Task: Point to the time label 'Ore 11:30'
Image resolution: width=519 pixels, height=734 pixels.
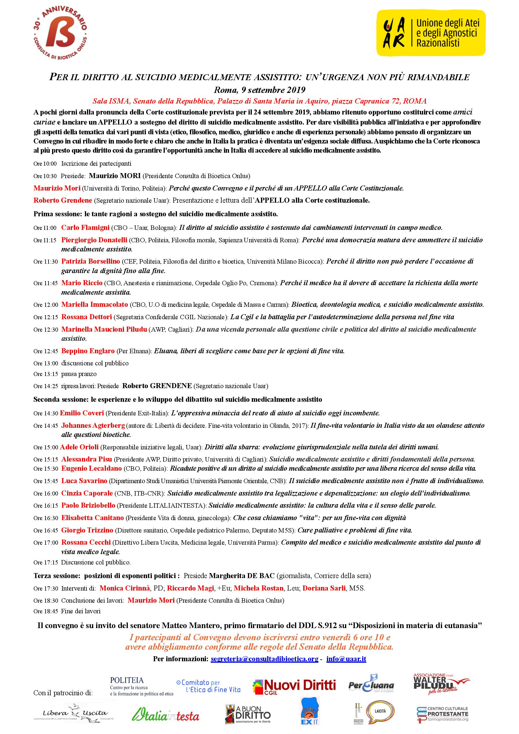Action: tap(45, 262)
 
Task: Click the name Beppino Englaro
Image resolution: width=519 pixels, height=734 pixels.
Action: tap(88, 351)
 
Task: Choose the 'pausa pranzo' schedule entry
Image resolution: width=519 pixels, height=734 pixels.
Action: tap(79, 374)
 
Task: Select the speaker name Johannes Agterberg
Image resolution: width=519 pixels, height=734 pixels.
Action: tap(93, 425)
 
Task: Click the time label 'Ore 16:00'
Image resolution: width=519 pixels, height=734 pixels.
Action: tap(45, 493)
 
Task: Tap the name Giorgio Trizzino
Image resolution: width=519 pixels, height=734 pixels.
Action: tap(87, 530)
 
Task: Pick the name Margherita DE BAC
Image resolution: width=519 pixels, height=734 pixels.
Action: tap(242, 576)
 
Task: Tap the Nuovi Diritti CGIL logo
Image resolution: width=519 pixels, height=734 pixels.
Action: tap(294, 686)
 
